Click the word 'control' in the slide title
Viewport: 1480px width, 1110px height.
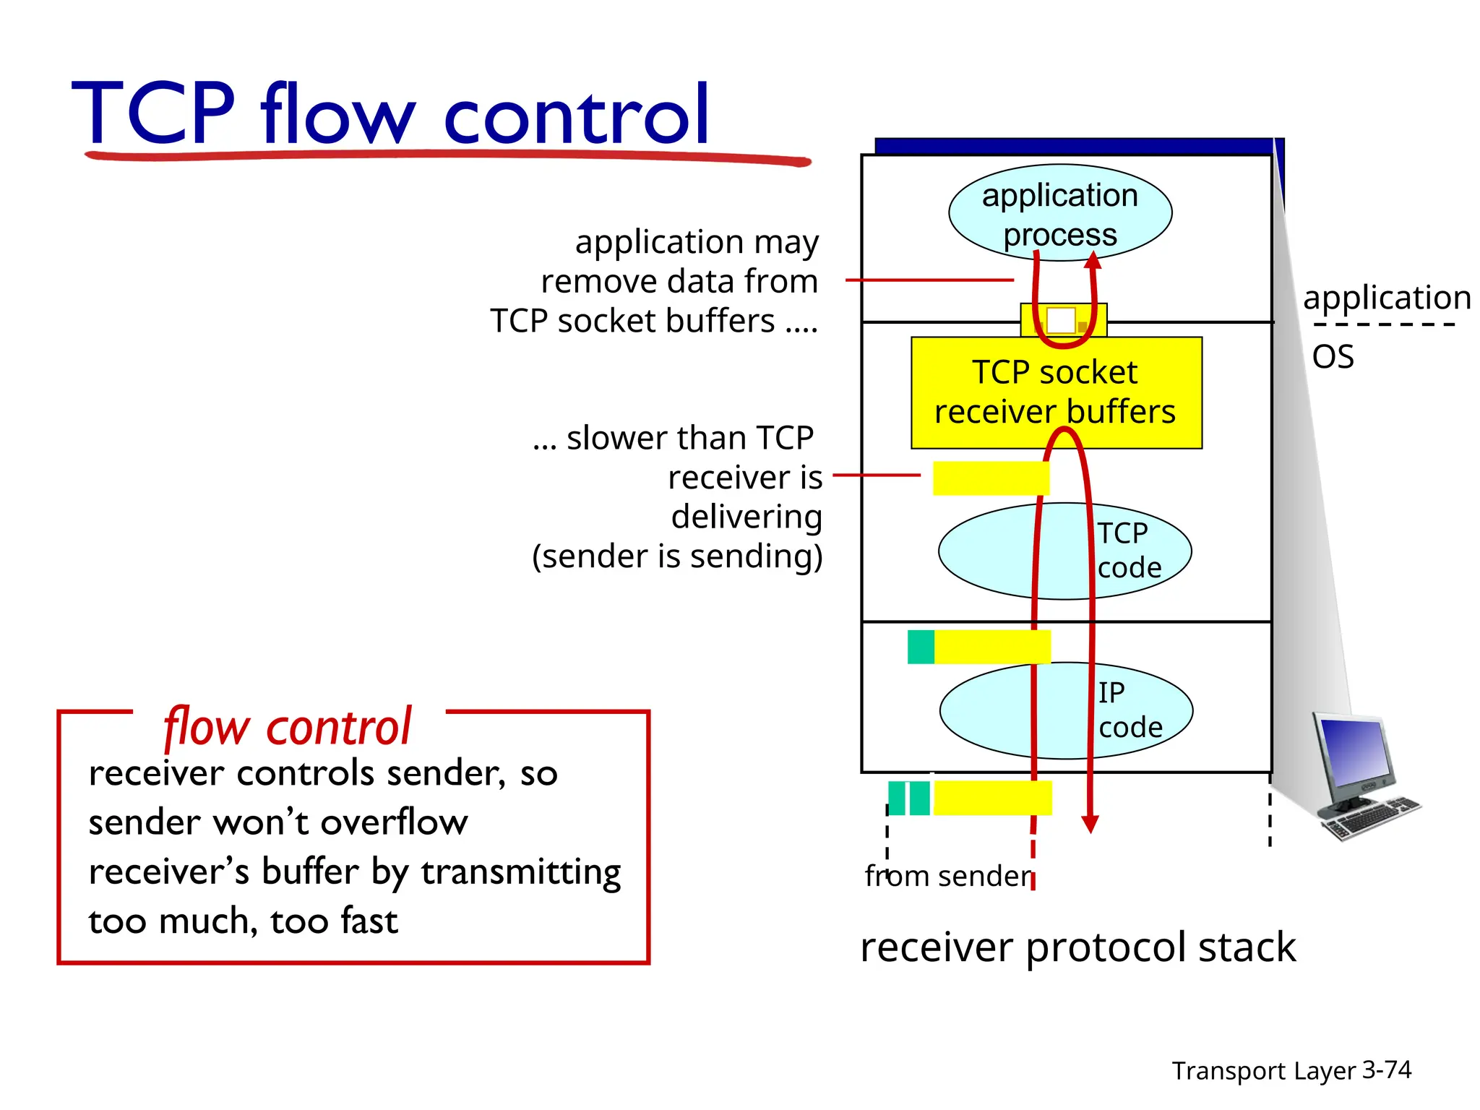tap(577, 116)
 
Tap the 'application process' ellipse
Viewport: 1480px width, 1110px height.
tap(1059, 212)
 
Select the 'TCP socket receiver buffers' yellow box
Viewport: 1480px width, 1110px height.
tap(1056, 392)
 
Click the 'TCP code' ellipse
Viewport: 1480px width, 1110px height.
tap(1064, 551)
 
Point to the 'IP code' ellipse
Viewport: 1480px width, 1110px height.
tap(1065, 710)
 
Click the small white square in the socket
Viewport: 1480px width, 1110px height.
tap(1061, 320)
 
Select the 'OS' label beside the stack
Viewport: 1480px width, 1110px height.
tap(1333, 357)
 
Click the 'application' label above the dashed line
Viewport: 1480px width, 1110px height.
tap(1387, 297)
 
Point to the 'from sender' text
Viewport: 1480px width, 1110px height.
tap(948, 876)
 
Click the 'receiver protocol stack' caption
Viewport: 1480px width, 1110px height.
tap(1077, 947)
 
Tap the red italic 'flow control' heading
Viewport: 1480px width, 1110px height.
tap(288, 727)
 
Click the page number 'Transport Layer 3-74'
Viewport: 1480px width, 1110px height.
tap(1291, 1070)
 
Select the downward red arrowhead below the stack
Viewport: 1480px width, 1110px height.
tap(1090, 824)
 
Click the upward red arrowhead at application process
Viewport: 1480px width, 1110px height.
tap(1093, 260)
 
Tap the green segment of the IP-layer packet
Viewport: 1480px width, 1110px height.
tap(921, 647)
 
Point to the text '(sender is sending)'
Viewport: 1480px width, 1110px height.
tap(677, 556)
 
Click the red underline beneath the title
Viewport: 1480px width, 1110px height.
tap(448, 155)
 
